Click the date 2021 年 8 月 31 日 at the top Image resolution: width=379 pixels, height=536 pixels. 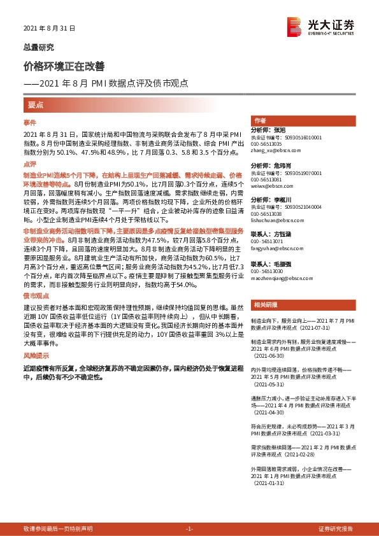pyautogui.click(x=49, y=29)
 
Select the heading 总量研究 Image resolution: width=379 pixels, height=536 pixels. pyautogui.click(x=39, y=47)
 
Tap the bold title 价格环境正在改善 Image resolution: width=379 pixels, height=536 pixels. pyautogui.click(x=64, y=66)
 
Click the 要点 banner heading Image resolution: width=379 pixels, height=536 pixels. pyautogui.click(x=36, y=104)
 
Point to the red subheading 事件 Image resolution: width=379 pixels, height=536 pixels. pyautogui.click(x=30, y=122)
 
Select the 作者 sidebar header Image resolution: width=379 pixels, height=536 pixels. pyautogui.click(x=260, y=121)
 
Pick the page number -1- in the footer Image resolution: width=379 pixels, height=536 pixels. pyautogui.click(x=189, y=529)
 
